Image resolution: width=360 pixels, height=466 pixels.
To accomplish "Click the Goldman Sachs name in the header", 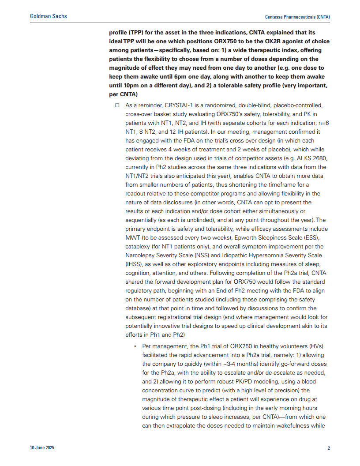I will click(49, 16).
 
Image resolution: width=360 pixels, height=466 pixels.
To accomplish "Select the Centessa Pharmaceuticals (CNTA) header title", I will click(297, 17).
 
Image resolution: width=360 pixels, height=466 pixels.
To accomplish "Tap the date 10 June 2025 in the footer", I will click(42, 448).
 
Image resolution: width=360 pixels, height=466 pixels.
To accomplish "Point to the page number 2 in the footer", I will click(329, 448).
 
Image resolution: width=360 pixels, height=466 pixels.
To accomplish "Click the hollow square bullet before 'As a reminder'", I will click(117, 105).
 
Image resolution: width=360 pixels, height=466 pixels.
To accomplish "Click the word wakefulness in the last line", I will click(296, 426).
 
